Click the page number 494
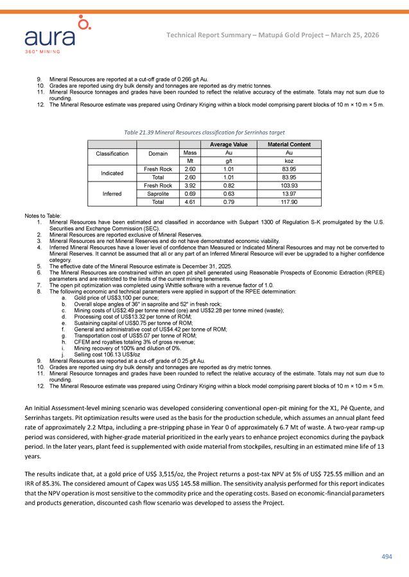click(x=387, y=556)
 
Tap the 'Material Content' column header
click(x=289, y=145)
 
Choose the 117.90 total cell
click(x=289, y=201)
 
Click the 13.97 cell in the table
click(x=289, y=193)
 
